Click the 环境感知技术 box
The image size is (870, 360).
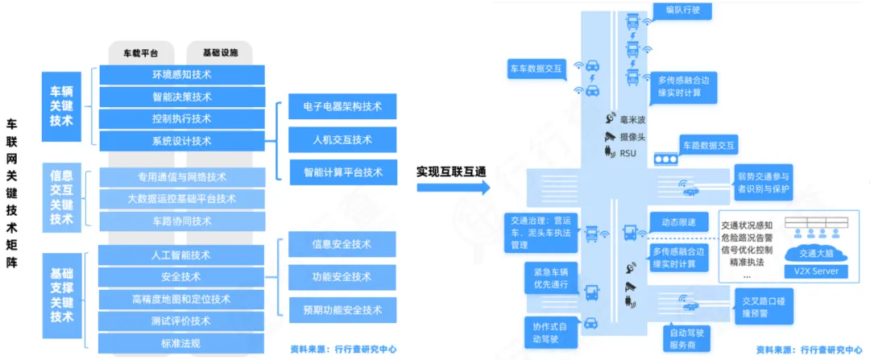click(181, 75)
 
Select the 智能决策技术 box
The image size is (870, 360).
click(181, 97)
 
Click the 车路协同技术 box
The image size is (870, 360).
click(181, 221)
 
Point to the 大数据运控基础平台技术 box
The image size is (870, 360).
click(181, 198)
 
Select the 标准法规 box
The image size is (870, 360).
click(181, 343)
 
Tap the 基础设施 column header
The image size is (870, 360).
click(220, 52)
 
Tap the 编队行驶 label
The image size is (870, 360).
click(683, 10)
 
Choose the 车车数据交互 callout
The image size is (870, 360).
click(536, 69)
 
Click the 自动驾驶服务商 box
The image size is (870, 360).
click(687, 337)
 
